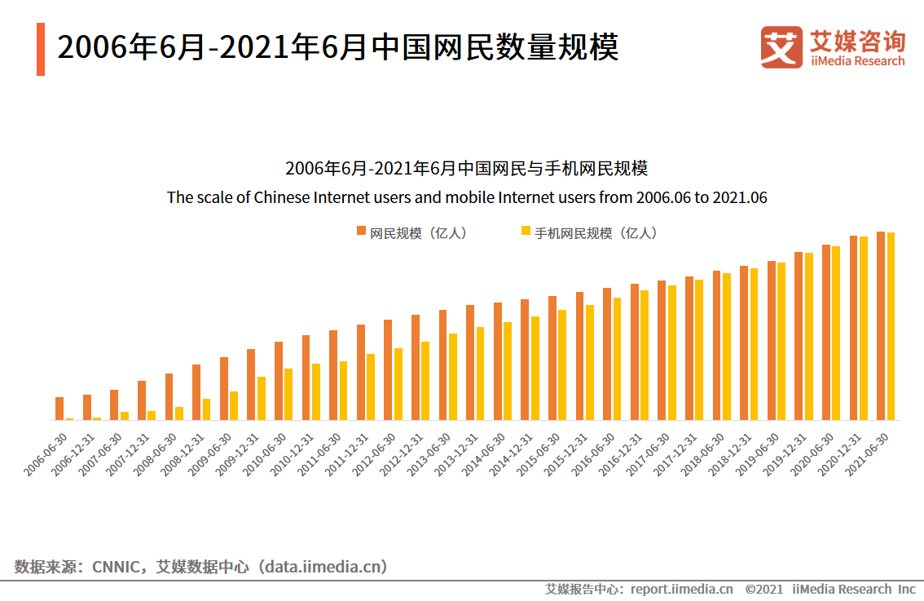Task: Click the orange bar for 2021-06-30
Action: coord(881,325)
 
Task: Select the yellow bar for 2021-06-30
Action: coord(891,326)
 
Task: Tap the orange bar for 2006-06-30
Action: coord(59,409)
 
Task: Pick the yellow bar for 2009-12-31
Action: coord(262,398)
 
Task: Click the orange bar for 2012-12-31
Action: coord(416,367)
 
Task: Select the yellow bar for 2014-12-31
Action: coord(535,368)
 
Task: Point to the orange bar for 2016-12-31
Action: coord(635,351)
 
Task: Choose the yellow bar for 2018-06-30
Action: coord(726,347)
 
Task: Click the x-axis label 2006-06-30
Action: coord(47,455)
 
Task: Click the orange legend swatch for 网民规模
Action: coord(362,232)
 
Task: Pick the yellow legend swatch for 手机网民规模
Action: coord(526,232)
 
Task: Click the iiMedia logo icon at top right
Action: coord(781,47)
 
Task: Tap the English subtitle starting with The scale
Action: coord(467,197)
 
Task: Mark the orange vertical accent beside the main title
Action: coord(41,49)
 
